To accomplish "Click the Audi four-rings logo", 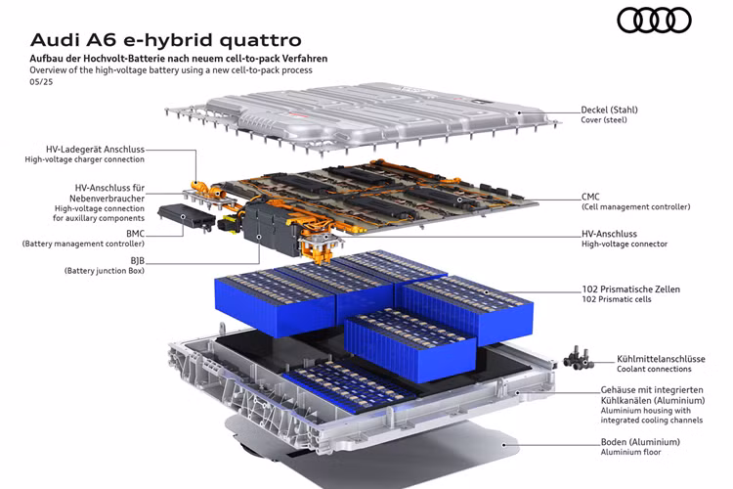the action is coord(654,22).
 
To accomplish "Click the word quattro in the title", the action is coord(260,41).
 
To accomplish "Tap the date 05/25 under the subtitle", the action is coord(41,82).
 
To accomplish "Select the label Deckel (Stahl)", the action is coord(609,110).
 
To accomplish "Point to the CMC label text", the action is coord(590,197).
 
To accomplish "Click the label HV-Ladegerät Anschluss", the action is coord(96,150).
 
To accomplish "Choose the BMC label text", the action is coord(135,234).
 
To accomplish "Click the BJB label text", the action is coord(138,261).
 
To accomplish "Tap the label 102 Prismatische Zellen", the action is coord(630,289).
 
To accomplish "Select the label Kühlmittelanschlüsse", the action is coord(661,359).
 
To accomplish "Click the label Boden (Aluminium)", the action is coord(640,442).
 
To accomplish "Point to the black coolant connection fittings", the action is coord(578,359).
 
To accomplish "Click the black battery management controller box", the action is coord(186,217).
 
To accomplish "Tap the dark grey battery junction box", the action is coord(270,229).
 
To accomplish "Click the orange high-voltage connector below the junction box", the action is coord(320,246).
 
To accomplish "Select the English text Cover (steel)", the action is coord(604,119).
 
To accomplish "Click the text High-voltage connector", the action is coord(625,244).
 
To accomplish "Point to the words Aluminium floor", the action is coord(630,452).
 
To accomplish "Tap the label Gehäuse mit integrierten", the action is coord(652,389).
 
